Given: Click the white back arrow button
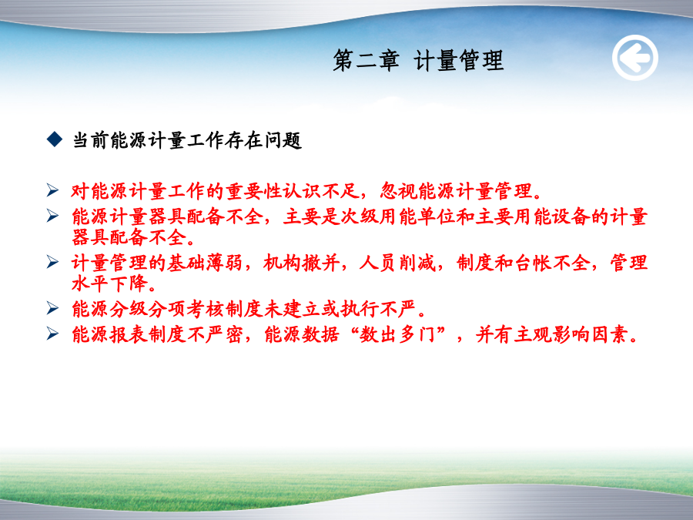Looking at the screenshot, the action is pos(635,58).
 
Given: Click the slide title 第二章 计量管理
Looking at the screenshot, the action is pos(418,60).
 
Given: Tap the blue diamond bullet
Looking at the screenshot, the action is pos(55,139).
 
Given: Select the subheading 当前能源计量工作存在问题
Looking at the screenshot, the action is pos(187,141).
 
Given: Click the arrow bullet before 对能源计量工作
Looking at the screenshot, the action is pos(52,190).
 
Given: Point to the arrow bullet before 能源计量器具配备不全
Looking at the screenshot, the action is pos(52,216).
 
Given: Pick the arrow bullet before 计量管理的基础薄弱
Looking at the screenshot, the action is pos(52,262).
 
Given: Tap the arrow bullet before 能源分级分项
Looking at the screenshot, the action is pos(52,307).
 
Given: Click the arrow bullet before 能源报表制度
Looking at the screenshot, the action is pos(52,334).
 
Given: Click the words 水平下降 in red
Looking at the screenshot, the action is pos(109,283).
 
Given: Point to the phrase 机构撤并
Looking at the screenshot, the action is pos(301,263).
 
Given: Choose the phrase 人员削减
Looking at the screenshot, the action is pos(397,263).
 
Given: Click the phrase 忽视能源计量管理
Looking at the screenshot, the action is pos(456,191).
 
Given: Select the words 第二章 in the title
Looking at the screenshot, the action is pos(367,60).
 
